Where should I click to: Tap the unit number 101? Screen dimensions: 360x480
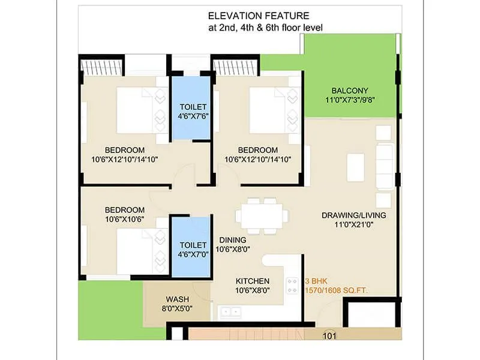330,336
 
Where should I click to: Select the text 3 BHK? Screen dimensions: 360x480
316,281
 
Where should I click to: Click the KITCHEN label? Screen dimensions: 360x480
252,281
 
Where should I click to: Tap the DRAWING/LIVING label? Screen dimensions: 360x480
353,215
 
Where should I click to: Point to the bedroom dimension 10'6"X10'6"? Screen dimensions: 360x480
125,219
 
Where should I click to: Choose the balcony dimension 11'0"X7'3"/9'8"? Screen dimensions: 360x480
351,100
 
